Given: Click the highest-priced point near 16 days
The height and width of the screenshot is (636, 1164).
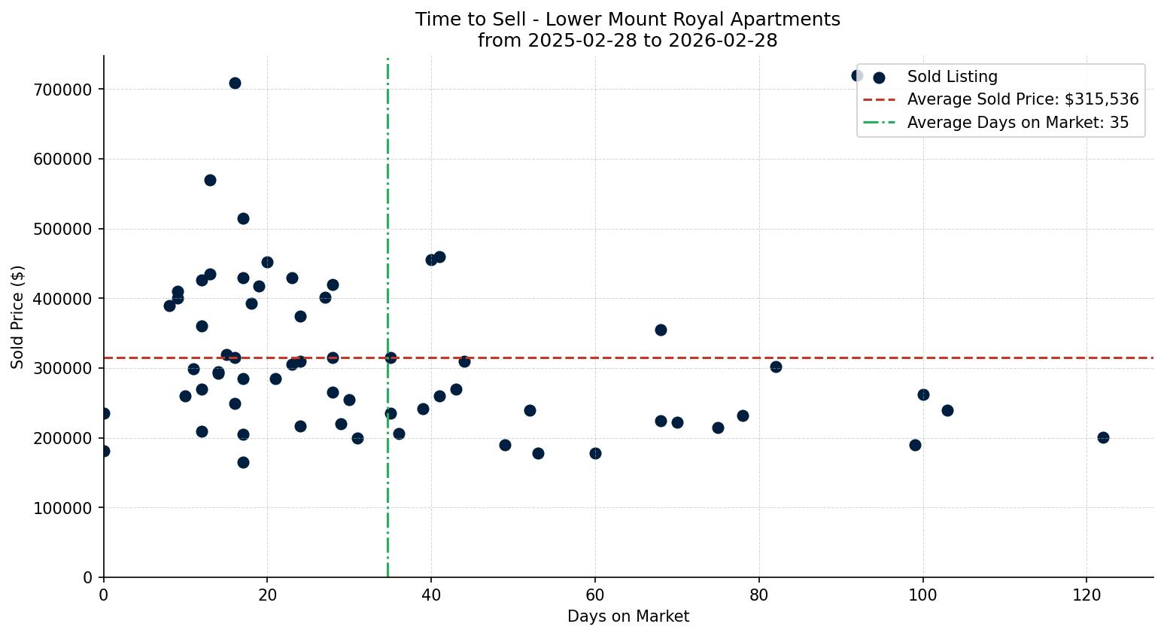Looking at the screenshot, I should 235,83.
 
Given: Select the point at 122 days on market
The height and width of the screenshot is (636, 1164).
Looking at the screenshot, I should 1103,437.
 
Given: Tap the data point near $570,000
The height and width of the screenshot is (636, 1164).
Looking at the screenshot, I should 210,180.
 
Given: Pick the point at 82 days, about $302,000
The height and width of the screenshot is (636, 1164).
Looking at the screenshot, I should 776,367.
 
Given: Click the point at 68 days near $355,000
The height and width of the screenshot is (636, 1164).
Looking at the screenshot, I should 661,330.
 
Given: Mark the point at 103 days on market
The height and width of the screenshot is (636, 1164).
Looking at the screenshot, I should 947,410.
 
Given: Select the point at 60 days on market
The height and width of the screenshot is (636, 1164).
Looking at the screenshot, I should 595,453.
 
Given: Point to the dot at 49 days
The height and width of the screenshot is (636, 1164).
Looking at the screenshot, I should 505,445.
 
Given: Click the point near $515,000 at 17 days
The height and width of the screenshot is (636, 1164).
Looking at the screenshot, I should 243,218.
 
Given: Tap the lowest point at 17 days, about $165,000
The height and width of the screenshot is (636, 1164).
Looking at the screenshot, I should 243,462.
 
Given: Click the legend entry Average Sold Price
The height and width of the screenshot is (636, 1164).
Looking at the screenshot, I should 1023,99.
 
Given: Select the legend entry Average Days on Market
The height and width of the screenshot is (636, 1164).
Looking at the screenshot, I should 1017,123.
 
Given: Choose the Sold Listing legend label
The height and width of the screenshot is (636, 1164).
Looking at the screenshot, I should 952,77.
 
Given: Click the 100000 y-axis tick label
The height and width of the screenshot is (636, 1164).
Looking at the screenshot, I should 62,508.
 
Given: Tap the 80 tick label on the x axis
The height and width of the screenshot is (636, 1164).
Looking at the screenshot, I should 759,595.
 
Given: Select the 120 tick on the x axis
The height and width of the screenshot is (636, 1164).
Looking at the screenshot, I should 1087,595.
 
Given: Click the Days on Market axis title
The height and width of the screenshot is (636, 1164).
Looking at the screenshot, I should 628,616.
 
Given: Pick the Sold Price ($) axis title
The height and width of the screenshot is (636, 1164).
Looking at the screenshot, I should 18,317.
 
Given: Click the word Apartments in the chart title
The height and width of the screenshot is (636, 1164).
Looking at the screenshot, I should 792,20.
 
